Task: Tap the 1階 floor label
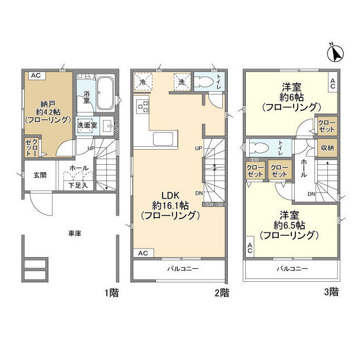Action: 111,292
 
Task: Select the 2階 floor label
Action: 222,292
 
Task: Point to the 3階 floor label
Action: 331,292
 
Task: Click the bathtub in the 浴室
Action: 105,93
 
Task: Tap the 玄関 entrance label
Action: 39,175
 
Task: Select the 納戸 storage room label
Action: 48,103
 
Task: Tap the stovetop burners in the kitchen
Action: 142,105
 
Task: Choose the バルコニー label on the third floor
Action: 291,269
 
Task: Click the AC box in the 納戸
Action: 35,75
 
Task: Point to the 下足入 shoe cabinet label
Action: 78,185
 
